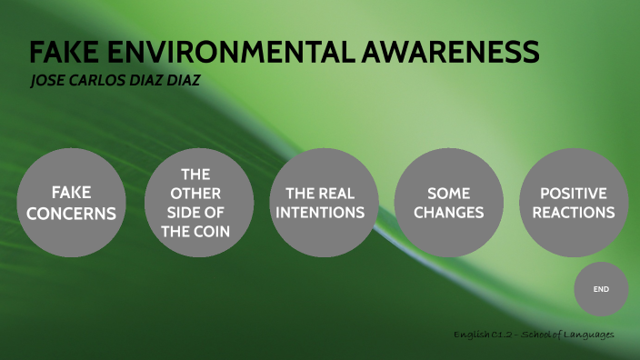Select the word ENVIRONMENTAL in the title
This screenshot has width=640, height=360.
coord(226,54)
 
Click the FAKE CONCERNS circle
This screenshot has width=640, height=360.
coord(71,202)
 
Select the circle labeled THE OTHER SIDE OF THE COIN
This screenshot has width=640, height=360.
coord(196,202)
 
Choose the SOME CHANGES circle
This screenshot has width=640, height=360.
coord(448,202)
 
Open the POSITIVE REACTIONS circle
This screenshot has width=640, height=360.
coord(573,202)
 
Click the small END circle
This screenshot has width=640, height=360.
coord(600,289)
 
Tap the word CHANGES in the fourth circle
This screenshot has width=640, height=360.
coord(448,213)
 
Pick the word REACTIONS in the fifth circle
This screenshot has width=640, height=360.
coord(573,213)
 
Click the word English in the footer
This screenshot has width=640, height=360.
coord(472,335)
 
